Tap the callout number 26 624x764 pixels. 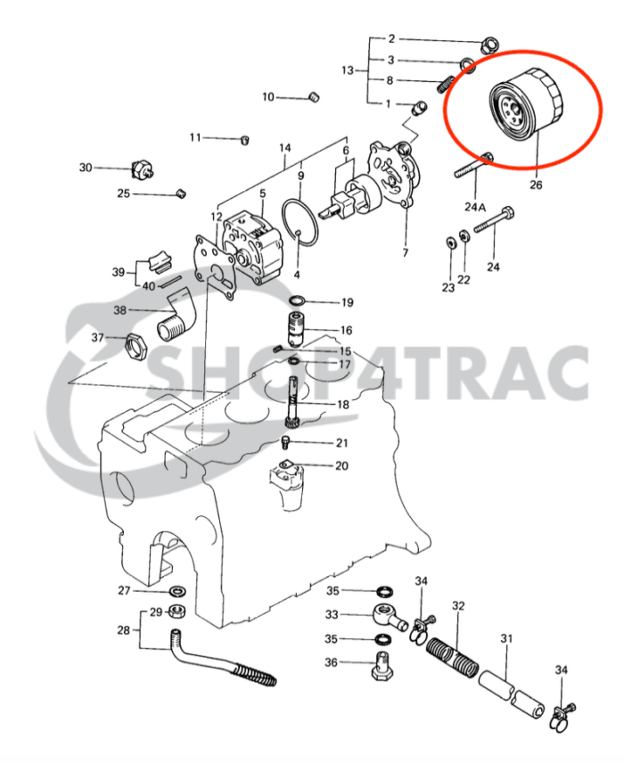coord(535,185)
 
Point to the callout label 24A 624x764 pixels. coord(475,207)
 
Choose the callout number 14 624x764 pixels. coord(285,148)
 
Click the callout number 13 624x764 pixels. coord(348,70)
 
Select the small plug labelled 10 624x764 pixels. coord(312,96)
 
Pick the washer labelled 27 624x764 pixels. coord(177,591)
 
